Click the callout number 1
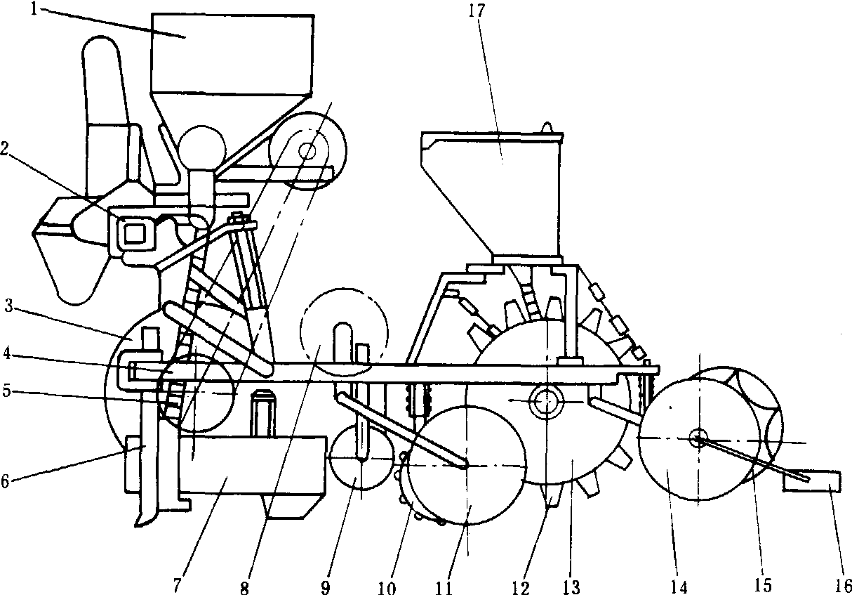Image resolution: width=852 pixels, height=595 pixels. pos(34,8)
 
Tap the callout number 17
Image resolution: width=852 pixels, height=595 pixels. pos(477,10)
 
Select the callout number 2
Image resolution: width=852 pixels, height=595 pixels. pos(5,148)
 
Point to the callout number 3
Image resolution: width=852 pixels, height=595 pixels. pos(8,306)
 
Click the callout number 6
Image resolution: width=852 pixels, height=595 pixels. pos(5,481)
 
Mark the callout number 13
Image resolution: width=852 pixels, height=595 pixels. pos(571,587)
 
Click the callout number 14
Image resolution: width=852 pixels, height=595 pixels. pos(679,587)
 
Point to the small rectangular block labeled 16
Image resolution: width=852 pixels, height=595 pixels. pos(812,481)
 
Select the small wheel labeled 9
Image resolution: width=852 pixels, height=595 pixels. pos(361,457)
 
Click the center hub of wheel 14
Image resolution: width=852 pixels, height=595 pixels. pos(698,438)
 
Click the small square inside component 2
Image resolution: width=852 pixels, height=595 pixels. pos(135,233)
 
